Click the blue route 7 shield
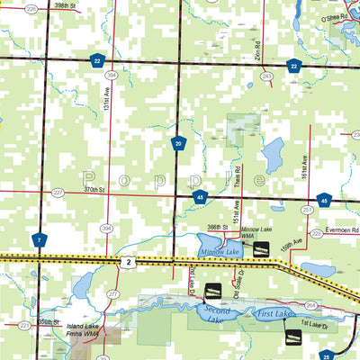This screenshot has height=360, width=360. (40, 239)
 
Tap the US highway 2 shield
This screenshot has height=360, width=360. (130, 262)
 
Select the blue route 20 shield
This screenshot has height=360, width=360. (180, 143)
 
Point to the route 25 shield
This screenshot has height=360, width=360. (327, 355)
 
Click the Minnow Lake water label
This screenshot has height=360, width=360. (220, 250)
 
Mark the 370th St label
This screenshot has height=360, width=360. (92, 191)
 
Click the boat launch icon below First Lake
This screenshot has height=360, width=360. (292, 337)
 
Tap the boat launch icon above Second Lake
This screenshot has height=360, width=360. (214, 291)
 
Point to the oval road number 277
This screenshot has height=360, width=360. (113, 294)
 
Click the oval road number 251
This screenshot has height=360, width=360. (308, 209)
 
